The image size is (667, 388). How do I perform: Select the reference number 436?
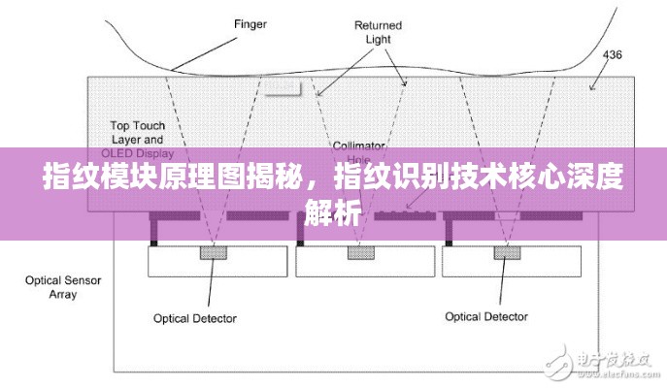pos(614,54)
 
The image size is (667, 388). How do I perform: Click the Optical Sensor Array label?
pos(50,287)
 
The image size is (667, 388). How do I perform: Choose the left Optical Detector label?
pos(195,317)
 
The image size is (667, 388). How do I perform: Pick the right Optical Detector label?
pos(486,316)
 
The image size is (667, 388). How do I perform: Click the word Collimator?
pos(359,145)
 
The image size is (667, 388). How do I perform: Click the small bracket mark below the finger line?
pos(283,91)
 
